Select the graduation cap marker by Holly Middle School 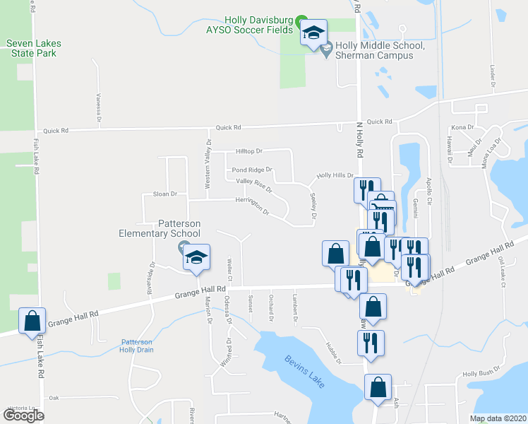click(x=313, y=32)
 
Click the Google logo click(x=23, y=416)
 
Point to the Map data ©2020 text click(x=498, y=418)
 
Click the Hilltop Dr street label click(x=248, y=151)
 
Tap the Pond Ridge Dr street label click(x=251, y=170)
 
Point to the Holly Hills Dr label click(x=335, y=175)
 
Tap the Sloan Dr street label click(x=164, y=194)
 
